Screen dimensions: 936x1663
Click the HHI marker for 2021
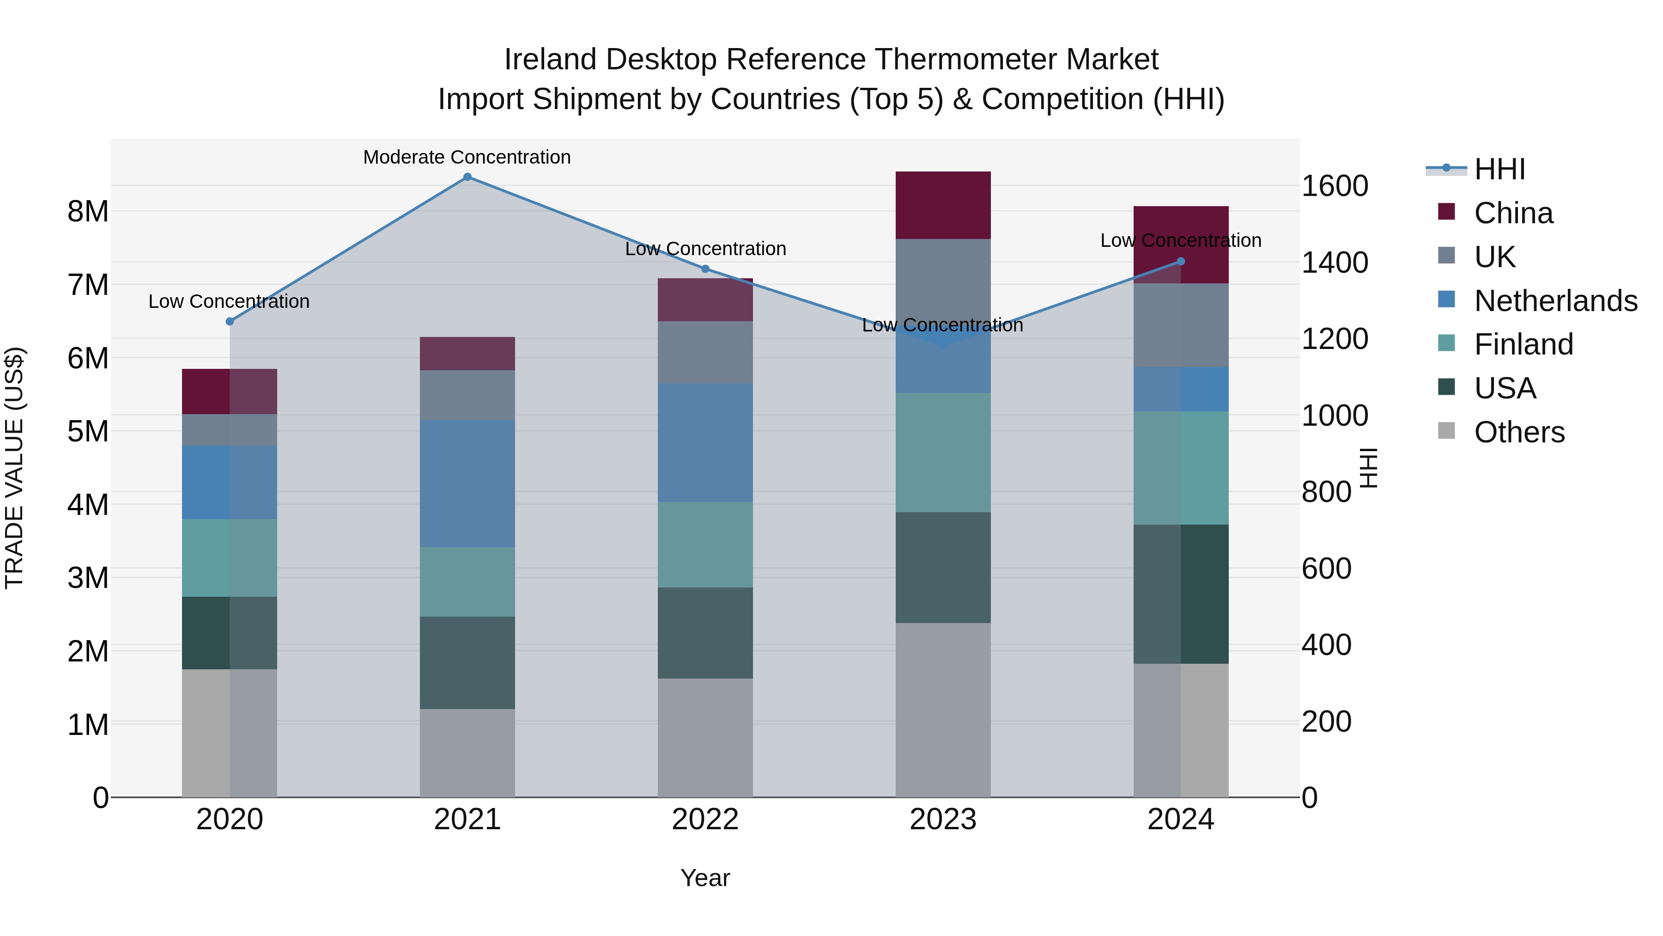(467, 177)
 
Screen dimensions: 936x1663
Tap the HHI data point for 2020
(230, 321)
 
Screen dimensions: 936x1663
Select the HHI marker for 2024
(1181, 262)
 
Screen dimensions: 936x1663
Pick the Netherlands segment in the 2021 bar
(467, 484)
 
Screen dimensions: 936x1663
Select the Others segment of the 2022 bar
(705, 738)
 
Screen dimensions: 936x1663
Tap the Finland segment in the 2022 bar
(705, 544)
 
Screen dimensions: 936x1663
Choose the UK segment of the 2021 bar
(467, 395)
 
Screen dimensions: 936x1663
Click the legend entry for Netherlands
(1555, 301)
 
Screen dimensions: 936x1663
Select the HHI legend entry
(1499, 169)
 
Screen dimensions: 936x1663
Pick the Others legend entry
(1519, 432)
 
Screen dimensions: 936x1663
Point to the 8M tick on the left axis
(88, 211)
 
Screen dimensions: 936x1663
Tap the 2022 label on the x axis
(705, 820)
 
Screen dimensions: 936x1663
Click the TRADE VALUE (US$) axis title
(14, 468)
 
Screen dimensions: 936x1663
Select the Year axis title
(705, 878)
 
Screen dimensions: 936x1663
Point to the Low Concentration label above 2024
(1180, 240)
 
